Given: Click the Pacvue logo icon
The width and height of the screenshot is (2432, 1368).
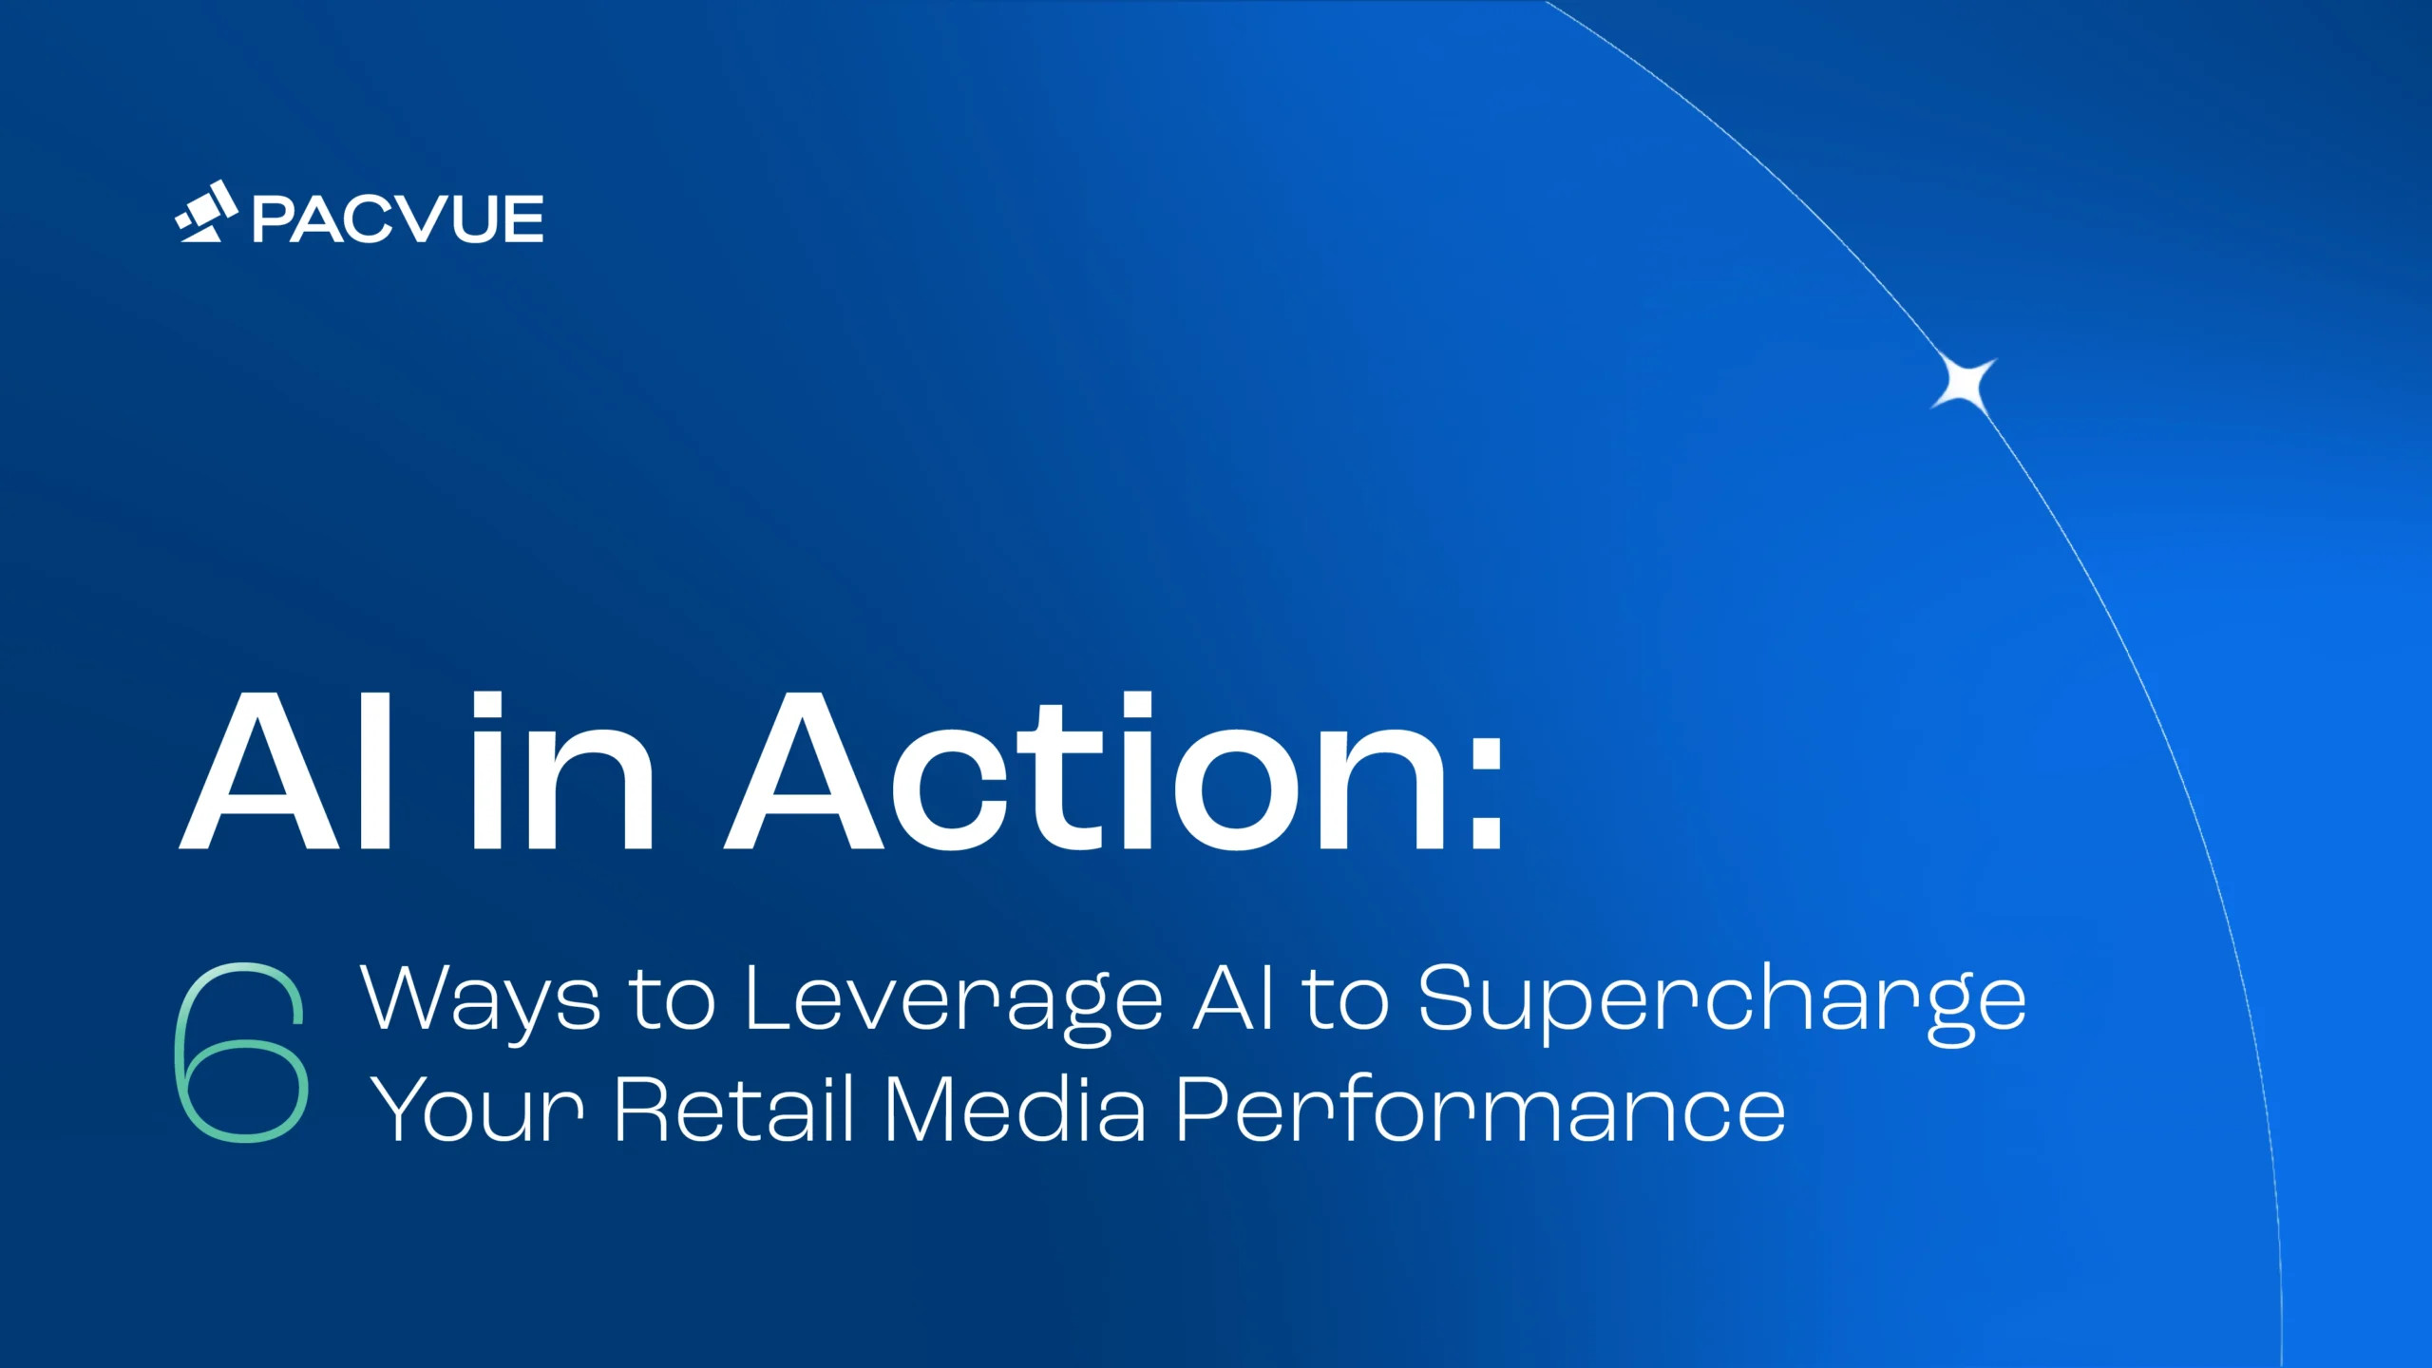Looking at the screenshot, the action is [x=206, y=212].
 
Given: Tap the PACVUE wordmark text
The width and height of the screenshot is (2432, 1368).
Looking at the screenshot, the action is [x=398, y=219].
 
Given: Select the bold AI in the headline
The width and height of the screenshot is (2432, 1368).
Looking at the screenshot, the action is [x=285, y=769].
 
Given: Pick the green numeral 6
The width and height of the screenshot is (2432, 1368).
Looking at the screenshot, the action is [x=241, y=1052].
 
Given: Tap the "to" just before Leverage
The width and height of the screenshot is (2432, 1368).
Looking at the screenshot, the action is [x=673, y=1000].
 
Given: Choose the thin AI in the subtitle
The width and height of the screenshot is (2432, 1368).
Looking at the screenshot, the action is [x=1232, y=997].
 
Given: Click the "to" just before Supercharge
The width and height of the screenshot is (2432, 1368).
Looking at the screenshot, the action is [x=1345, y=1000].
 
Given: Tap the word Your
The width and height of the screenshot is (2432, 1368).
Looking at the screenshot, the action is [x=477, y=1109].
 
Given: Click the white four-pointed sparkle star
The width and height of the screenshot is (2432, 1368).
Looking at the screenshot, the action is [x=1964, y=385].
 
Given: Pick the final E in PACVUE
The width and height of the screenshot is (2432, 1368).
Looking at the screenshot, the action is [x=523, y=219].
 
